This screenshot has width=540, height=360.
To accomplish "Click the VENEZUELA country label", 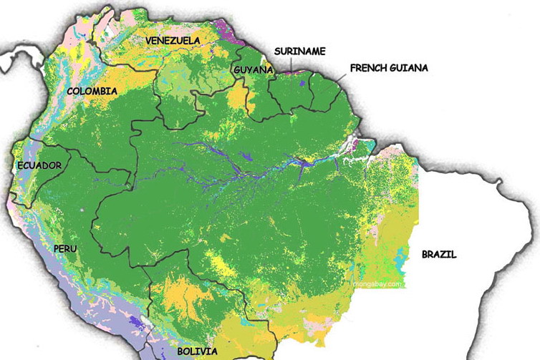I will pos(173,41).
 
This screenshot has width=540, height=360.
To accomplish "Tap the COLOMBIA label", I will pos(92,91).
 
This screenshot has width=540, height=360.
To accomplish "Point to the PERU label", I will pos(64,248).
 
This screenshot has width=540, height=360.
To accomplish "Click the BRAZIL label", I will pos(438,254).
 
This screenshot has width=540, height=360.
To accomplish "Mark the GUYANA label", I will pos(254,69).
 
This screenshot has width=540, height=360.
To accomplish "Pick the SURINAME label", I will pos(300,51).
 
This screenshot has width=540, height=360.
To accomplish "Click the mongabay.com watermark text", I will pos(377,283).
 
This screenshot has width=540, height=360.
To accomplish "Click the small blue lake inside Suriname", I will pos(303,84).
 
